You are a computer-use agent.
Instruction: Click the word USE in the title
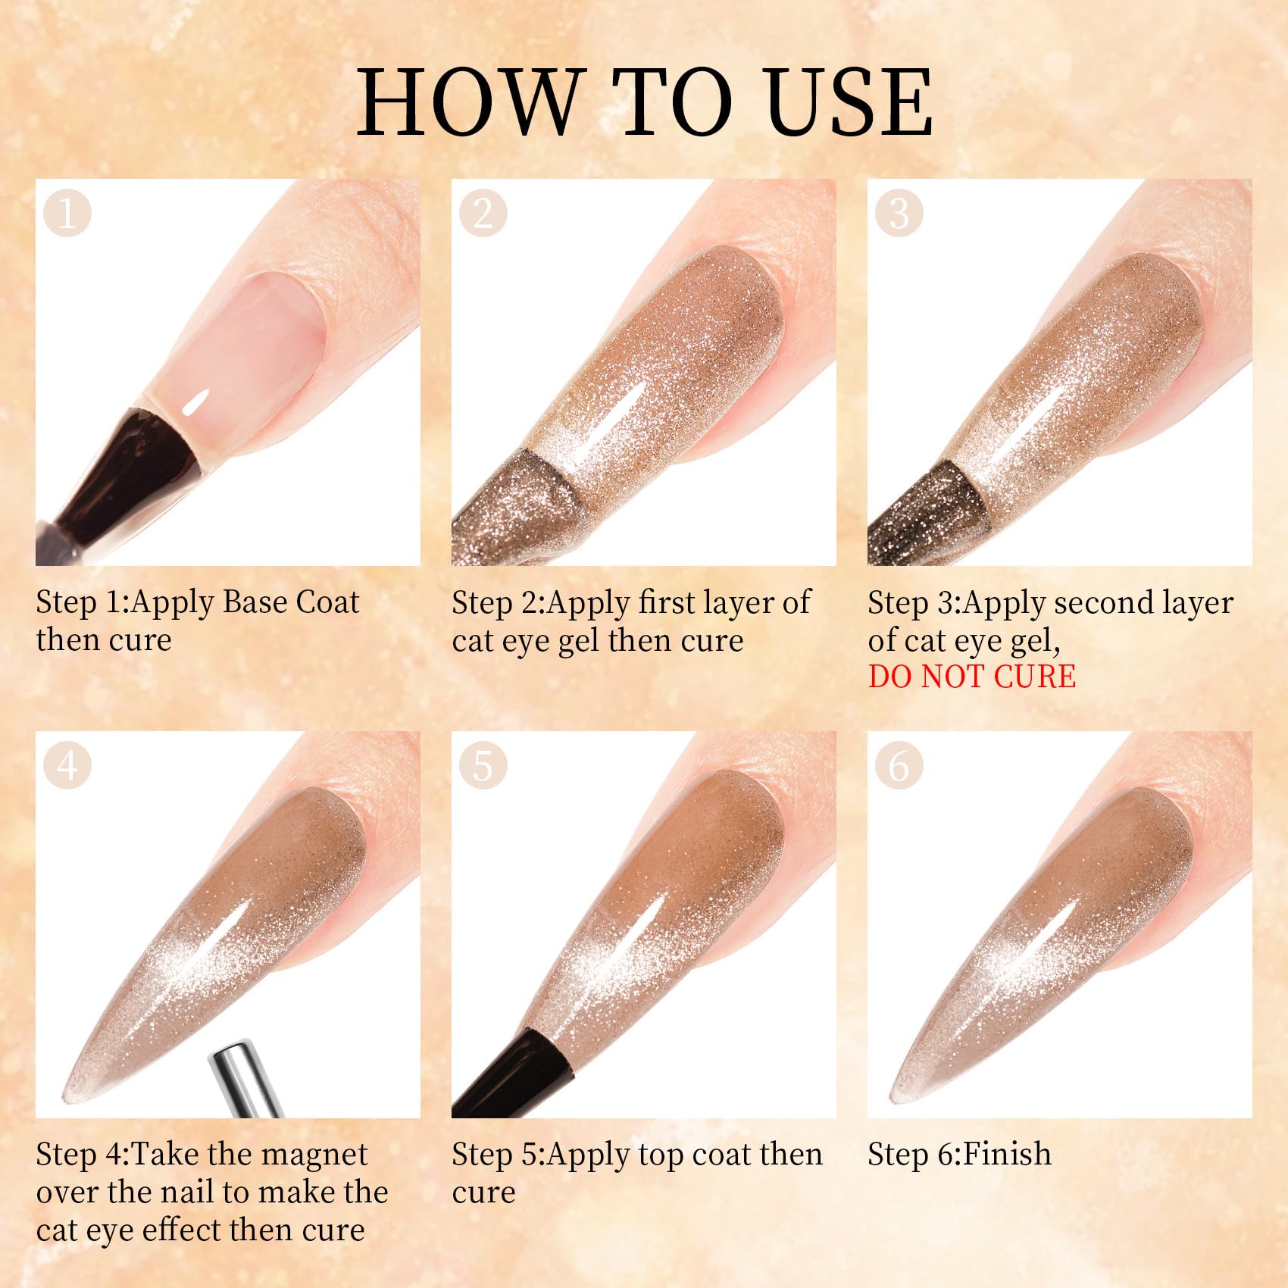tap(848, 102)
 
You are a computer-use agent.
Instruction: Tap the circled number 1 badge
tap(67, 213)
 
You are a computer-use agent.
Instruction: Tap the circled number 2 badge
tap(483, 213)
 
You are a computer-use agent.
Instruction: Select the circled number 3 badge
tap(899, 213)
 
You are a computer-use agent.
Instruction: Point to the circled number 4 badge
tap(67, 765)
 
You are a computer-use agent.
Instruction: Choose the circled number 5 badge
tap(483, 765)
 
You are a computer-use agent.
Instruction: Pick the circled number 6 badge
tap(899, 765)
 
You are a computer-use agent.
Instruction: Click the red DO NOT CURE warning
tap(971, 677)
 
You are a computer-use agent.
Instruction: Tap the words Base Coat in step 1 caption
tap(291, 603)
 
